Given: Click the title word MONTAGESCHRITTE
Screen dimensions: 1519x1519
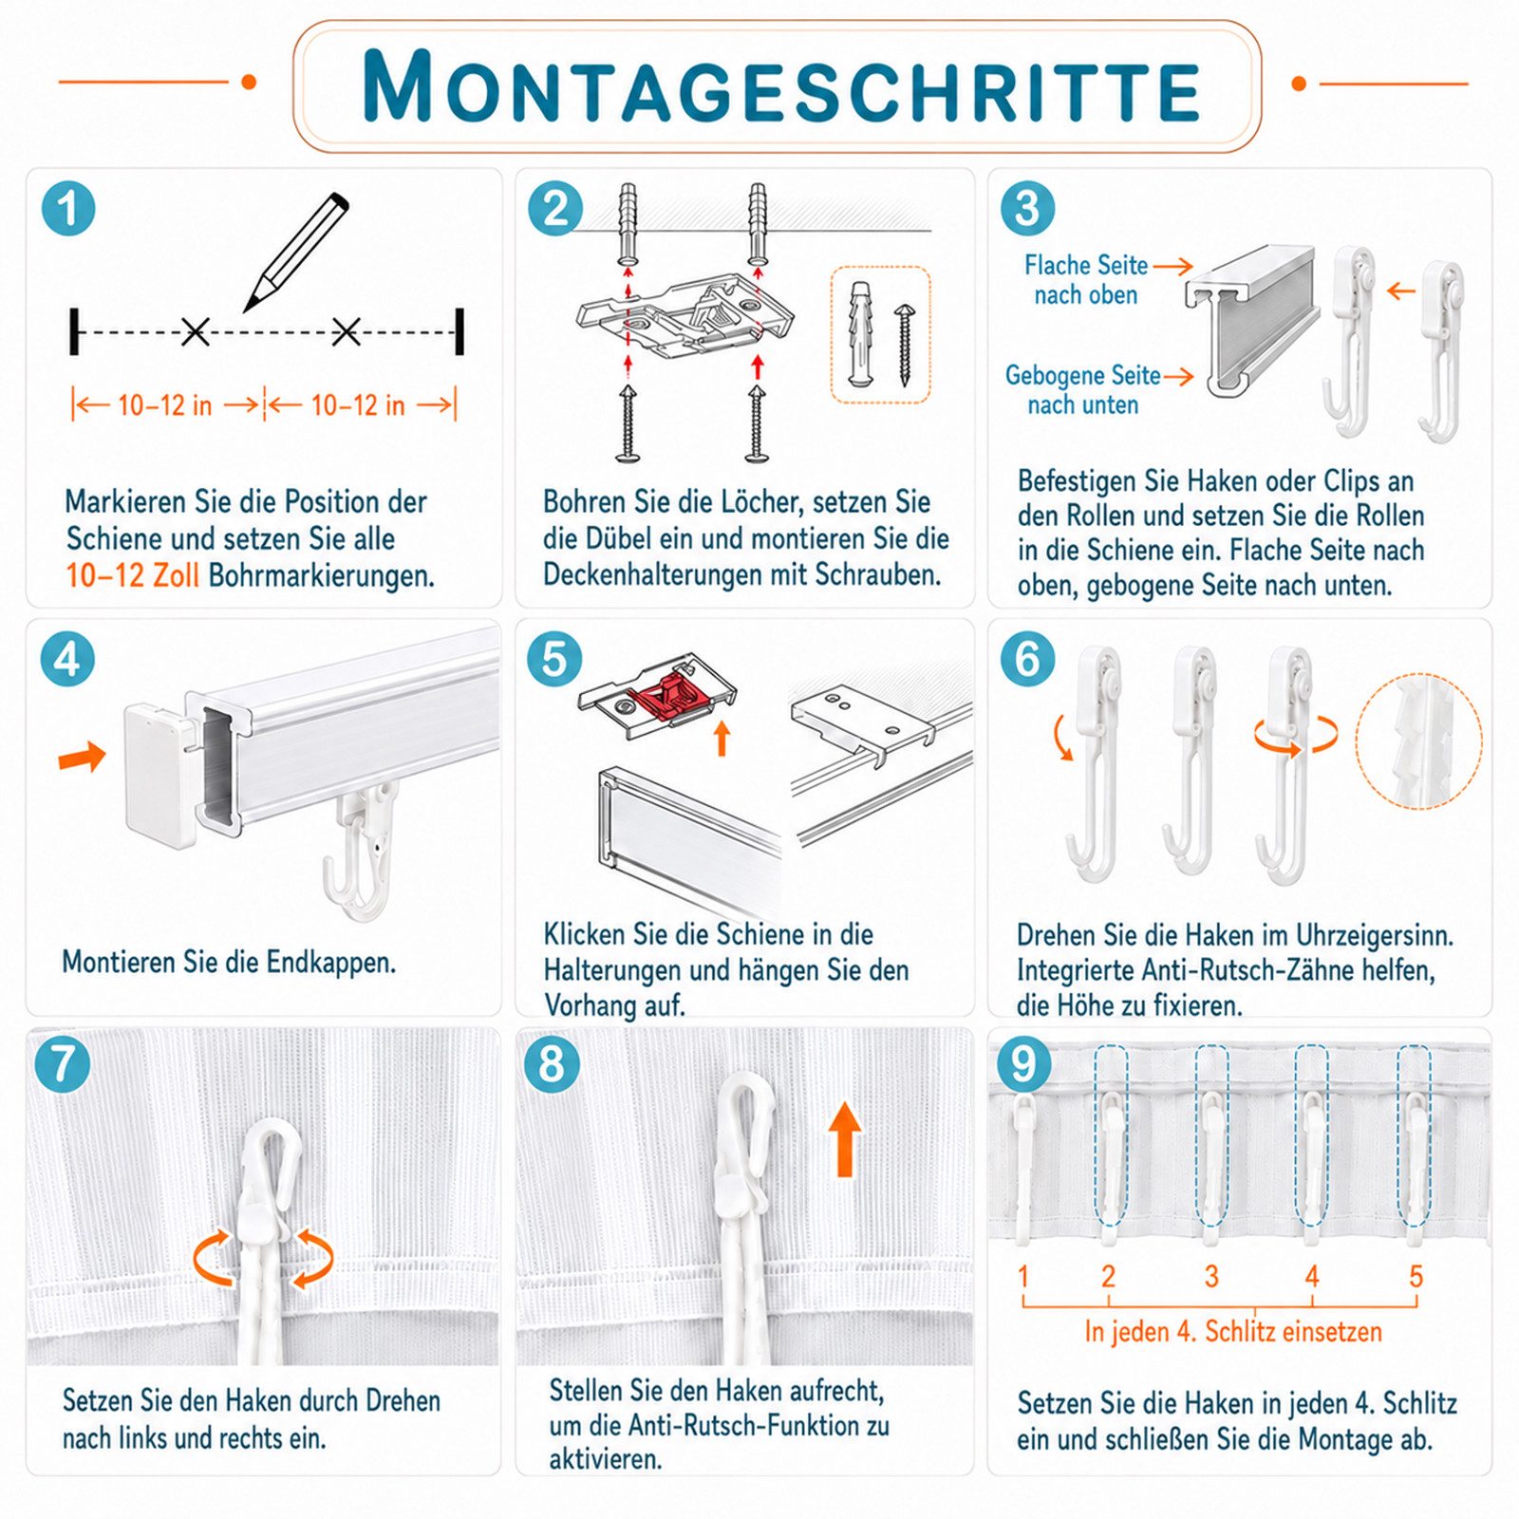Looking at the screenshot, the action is click(780, 86).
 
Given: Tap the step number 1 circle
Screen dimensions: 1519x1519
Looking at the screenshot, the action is click(68, 208).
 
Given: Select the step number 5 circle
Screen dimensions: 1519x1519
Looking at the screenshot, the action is click(554, 659).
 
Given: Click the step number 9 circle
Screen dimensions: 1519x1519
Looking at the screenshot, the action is click(1023, 1063).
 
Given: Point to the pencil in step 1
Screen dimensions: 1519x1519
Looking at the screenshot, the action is click(296, 252).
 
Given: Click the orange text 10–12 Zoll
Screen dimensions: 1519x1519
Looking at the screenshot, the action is click(132, 575).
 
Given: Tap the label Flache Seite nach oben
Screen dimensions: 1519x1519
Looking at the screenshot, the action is click(1086, 280).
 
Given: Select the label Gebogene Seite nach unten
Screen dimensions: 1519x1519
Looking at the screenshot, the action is click(1083, 390).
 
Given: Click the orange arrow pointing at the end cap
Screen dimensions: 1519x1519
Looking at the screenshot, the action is click(83, 757).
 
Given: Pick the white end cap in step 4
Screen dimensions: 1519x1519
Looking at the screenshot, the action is click(160, 774).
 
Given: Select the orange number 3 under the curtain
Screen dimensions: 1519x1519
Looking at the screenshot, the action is click(1211, 1276).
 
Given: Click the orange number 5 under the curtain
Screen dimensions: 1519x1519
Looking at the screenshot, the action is click(1416, 1276).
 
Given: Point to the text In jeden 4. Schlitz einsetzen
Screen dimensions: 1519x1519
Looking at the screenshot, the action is click(1233, 1332).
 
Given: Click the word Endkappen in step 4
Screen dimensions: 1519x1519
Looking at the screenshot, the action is click(330, 963).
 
